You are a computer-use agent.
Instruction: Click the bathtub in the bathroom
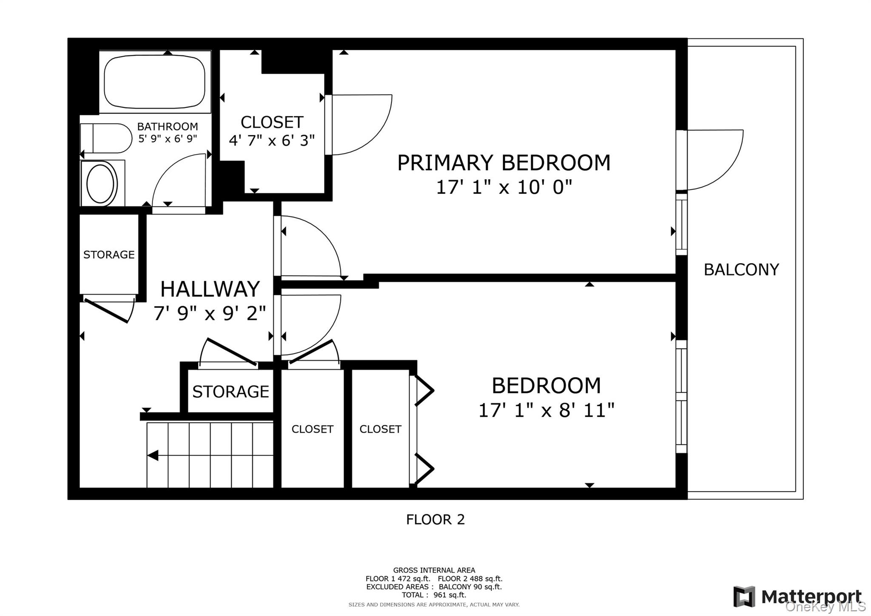pyautogui.click(x=154, y=82)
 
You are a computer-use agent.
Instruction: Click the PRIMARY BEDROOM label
pyautogui.click(x=504, y=163)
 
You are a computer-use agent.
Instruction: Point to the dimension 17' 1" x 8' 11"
pyautogui.click(x=546, y=411)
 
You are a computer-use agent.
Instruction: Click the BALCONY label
pyautogui.click(x=741, y=269)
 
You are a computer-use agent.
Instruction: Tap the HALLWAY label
pyautogui.click(x=210, y=289)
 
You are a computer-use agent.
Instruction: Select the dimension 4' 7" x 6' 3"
pyautogui.click(x=272, y=140)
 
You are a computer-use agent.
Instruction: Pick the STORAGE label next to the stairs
pyautogui.click(x=231, y=392)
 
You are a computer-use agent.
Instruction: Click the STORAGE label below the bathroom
pyautogui.click(x=109, y=255)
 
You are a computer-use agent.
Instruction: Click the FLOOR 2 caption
pyautogui.click(x=435, y=519)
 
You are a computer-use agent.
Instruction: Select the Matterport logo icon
pyautogui.click(x=744, y=596)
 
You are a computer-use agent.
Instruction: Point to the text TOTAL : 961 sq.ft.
pyautogui.click(x=434, y=595)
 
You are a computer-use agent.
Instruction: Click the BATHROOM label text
pyautogui.click(x=167, y=126)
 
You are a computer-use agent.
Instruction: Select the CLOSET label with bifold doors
pyautogui.click(x=380, y=429)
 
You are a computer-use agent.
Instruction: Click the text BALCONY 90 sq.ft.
pyautogui.click(x=470, y=587)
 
